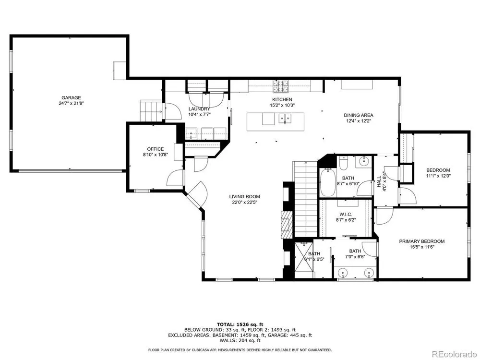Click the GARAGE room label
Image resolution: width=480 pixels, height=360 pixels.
[x=72, y=97]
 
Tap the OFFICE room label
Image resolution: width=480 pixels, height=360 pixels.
[x=156, y=149]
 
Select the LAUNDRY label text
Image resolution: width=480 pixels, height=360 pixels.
[x=199, y=108]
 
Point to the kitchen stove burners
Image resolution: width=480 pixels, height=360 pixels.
[x=281, y=86]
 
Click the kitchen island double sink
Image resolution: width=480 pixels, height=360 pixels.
[x=285, y=119]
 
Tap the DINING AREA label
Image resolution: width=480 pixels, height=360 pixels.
[x=359, y=115]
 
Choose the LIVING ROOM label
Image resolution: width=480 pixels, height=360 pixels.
[x=245, y=196]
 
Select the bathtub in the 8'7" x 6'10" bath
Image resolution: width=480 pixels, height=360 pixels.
[x=327, y=182]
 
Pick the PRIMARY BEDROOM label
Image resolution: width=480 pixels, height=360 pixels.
[x=422, y=241]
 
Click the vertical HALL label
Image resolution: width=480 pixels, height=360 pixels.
[x=379, y=181]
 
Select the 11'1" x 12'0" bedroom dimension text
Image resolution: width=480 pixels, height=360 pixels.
[x=438, y=176]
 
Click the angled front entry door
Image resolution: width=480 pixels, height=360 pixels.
[x=196, y=195]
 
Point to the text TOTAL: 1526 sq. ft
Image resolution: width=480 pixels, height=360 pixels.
[x=240, y=324]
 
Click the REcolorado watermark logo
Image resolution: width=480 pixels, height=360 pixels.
[x=454, y=354]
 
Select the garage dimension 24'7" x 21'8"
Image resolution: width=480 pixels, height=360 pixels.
[x=72, y=104]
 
